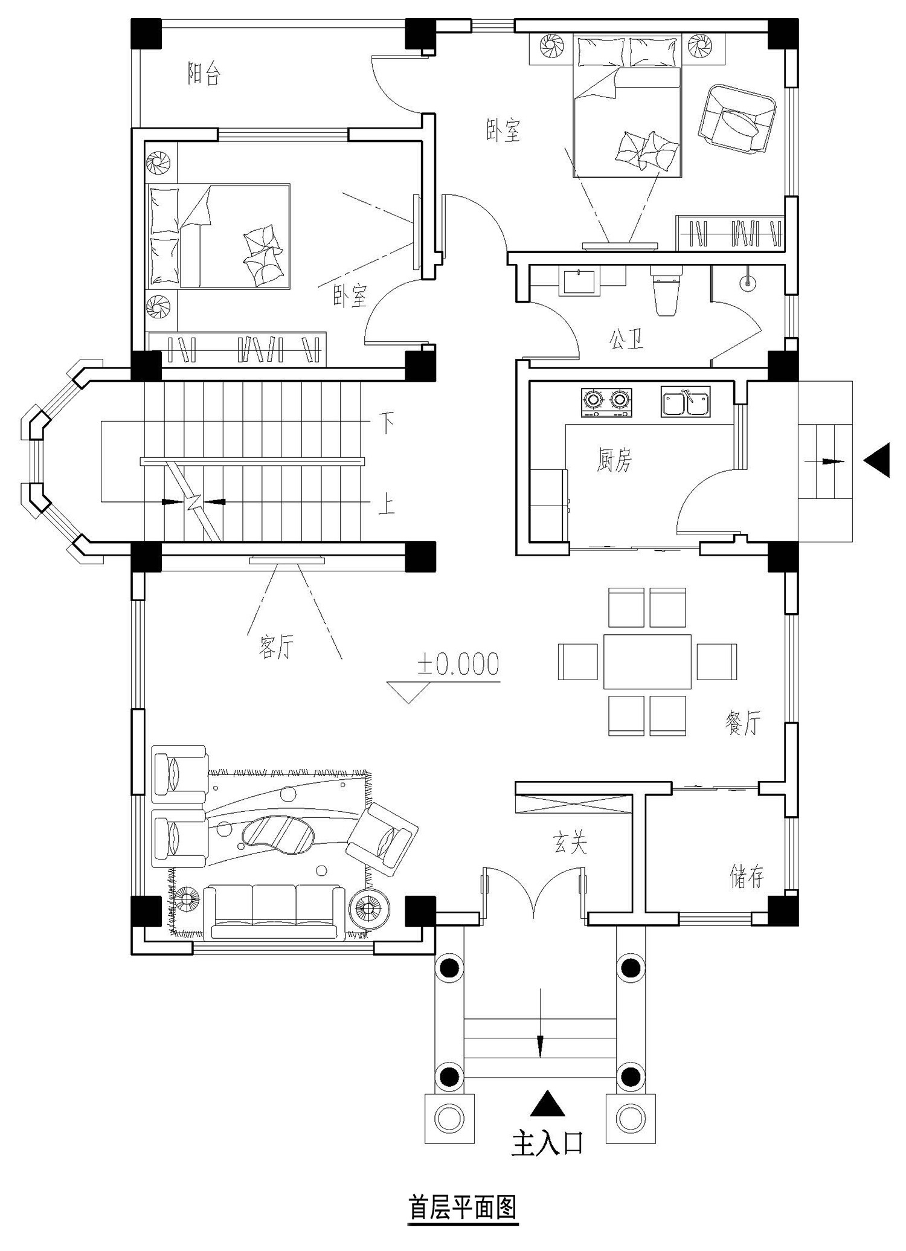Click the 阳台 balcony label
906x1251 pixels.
204,74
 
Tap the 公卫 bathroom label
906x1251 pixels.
626,339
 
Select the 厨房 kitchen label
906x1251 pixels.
614,461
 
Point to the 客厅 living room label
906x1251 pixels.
276,648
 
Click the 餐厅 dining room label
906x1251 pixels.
743,722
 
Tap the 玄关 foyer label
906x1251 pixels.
570,843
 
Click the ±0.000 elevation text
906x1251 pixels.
458,664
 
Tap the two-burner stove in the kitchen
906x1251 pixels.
606,402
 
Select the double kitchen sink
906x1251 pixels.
686,402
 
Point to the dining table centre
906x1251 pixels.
647,661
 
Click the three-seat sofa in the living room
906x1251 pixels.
274,912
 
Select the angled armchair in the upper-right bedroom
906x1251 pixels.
736,118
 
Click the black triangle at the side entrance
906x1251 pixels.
876,460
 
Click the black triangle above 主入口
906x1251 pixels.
547,1102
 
